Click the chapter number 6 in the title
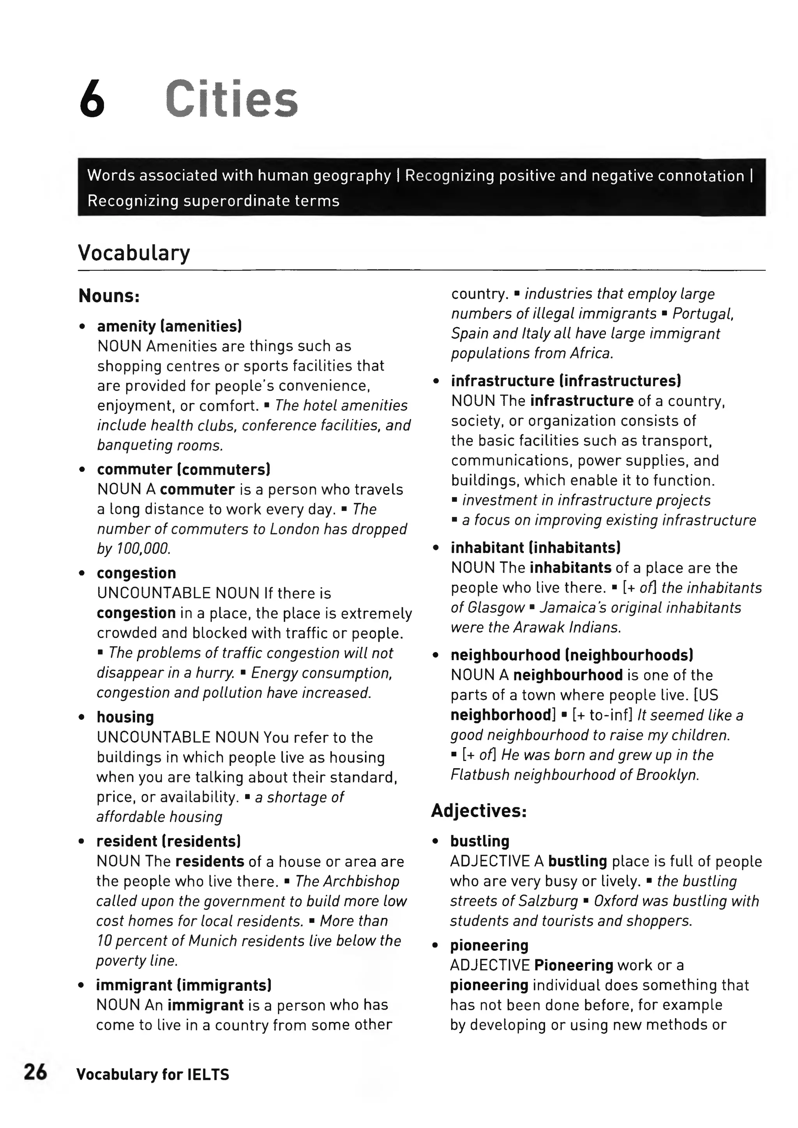click(92, 100)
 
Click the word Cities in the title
click(231, 99)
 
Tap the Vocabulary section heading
click(134, 253)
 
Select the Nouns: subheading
click(109, 296)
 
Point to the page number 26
click(35, 1072)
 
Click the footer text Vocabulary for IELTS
click(152, 1074)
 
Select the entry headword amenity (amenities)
click(169, 326)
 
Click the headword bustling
click(480, 841)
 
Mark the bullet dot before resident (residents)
click(82, 842)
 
